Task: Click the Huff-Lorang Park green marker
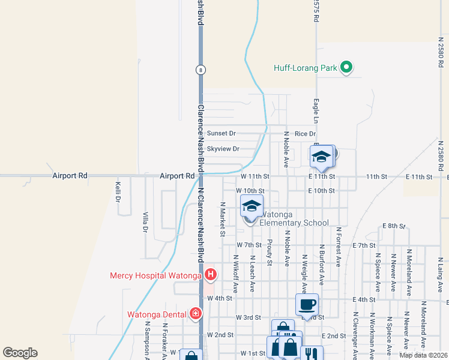coord(346,68)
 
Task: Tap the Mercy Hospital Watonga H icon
coord(211,275)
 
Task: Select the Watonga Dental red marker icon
coord(195,314)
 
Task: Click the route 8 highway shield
coord(200,70)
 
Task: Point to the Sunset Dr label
coord(221,133)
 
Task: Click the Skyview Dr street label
coord(223,149)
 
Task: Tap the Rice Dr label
coord(305,133)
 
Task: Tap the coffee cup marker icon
coord(307,304)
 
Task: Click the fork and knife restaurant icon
coord(311,354)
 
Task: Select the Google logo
coord(20,353)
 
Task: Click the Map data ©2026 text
coord(423,355)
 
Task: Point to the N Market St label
coord(221,220)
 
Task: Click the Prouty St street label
coord(270,252)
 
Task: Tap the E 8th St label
coord(394,226)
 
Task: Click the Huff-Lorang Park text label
coord(306,68)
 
